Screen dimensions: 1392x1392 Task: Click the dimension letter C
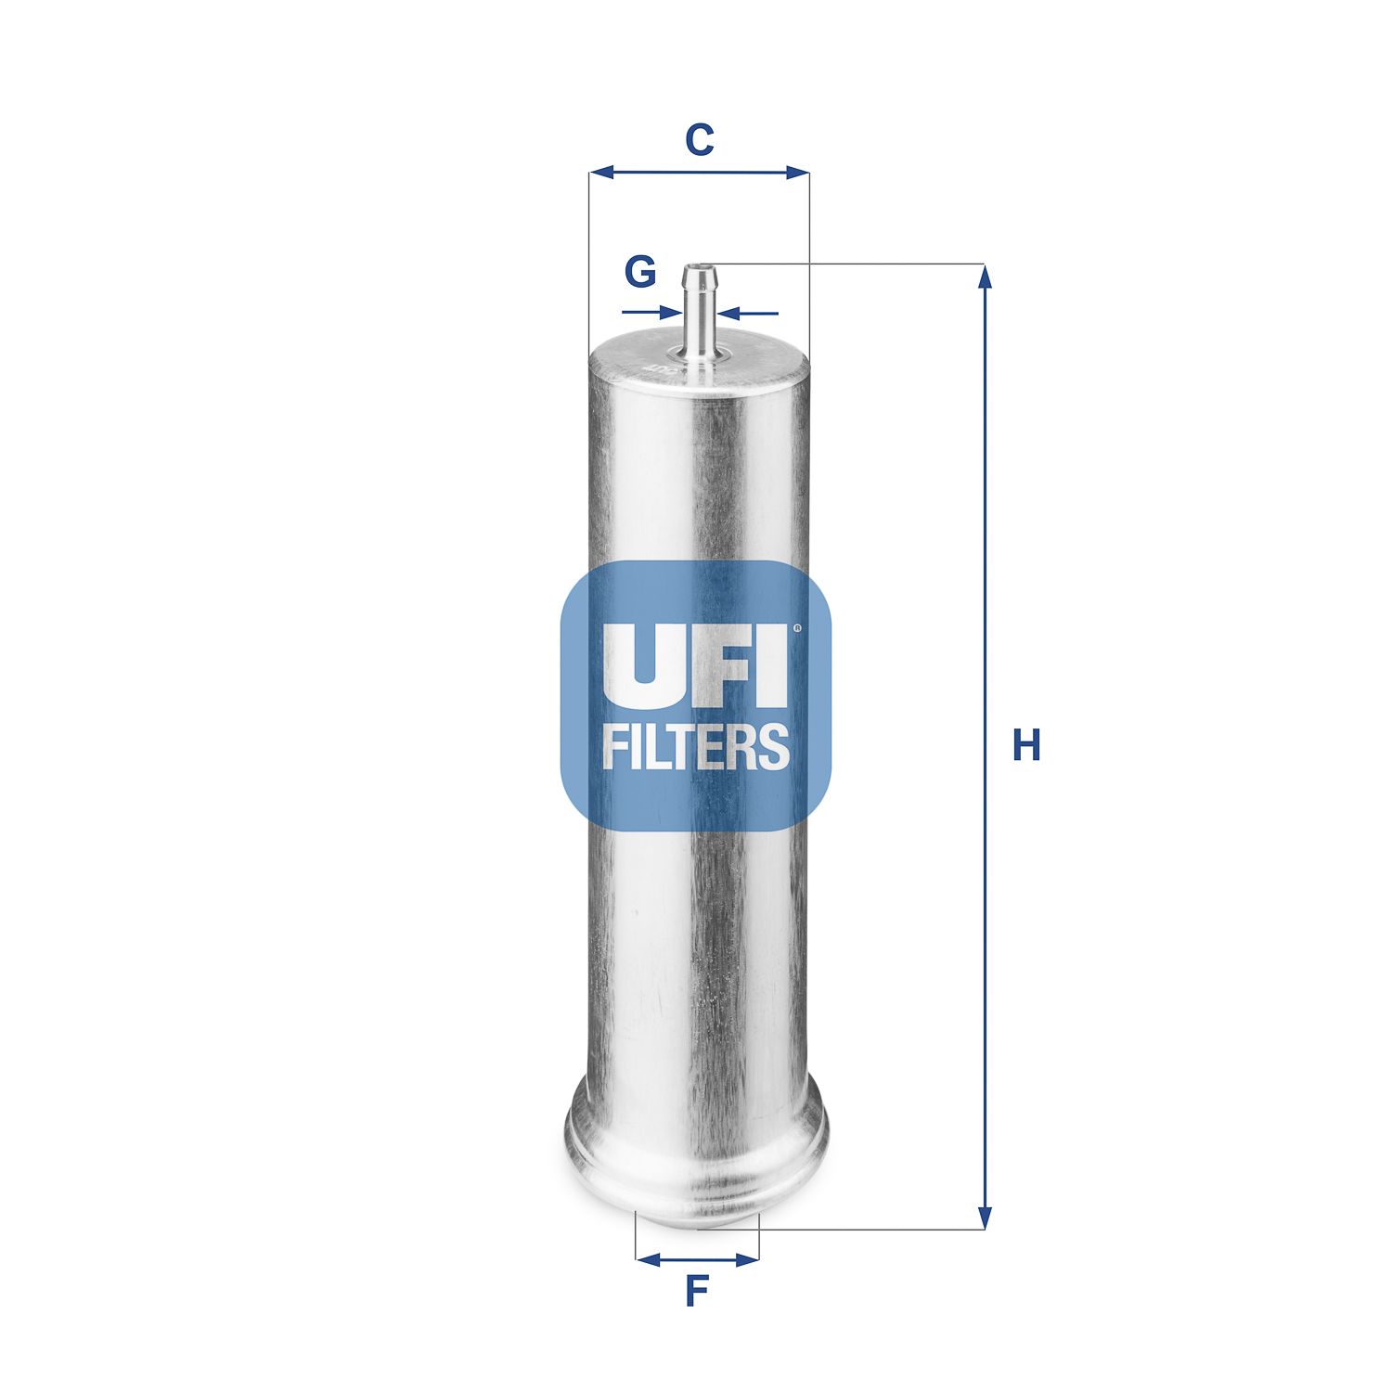pos(699,140)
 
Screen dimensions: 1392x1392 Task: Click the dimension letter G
pos(640,272)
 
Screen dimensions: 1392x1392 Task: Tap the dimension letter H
pos(1026,745)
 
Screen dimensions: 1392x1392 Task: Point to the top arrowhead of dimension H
pos(986,277)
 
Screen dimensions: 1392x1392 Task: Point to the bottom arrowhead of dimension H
pos(986,1218)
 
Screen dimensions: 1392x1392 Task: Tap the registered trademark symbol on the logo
pos(795,629)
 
